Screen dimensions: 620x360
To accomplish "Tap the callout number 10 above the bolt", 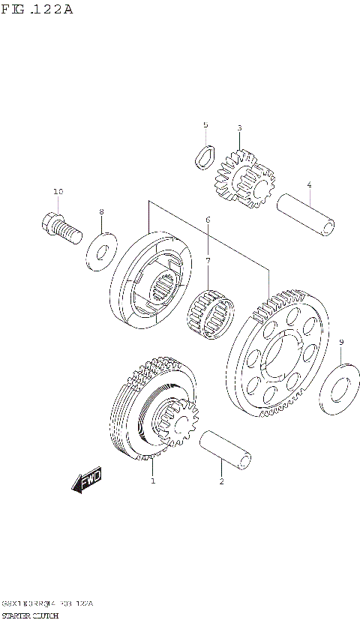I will click(58, 193).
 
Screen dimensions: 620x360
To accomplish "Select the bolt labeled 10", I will click(58, 227).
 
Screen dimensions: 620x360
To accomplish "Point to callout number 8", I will click(102, 212).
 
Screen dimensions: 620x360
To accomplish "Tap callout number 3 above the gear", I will click(239, 128).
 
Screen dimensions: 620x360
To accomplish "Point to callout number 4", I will click(309, 184).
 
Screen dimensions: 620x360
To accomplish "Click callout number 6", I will click(208, 220).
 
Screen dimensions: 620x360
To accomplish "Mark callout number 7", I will click(208, 260).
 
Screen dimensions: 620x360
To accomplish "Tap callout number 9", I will click(341, 343).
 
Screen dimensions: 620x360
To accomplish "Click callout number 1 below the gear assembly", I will click(153, 481).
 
